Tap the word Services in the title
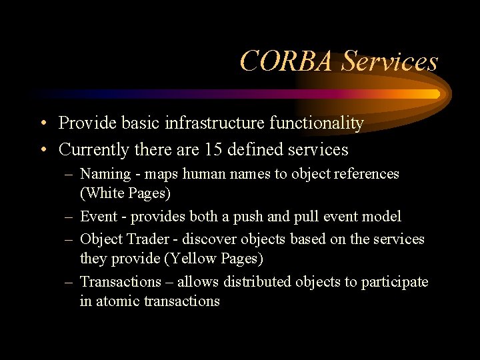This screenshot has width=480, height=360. point(390,61)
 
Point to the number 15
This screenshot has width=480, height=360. point(213,149)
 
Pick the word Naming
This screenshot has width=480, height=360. point(105,174)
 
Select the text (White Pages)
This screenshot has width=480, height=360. point(125,193)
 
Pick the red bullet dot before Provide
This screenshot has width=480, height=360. point(42,124)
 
